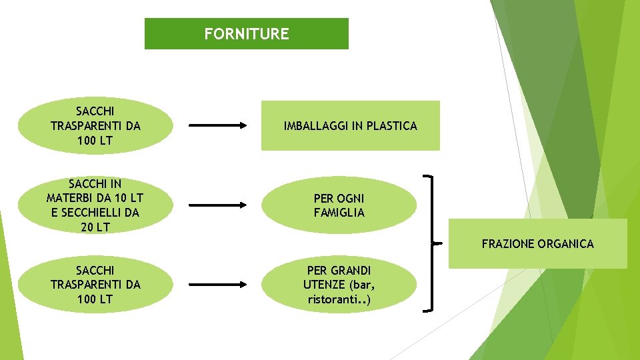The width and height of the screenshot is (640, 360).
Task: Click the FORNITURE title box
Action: click(x=246, y=33)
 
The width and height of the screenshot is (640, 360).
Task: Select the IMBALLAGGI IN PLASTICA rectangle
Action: click(x=350, y=125)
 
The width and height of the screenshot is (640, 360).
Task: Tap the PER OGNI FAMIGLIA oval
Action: click(x=339, y=205)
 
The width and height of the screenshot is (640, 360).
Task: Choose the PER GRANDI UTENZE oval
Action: click(x=339, y=285)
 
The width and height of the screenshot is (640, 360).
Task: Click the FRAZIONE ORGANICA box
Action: click(x=537, y=244)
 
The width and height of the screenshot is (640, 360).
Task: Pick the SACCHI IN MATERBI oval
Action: click(x=95, y=205)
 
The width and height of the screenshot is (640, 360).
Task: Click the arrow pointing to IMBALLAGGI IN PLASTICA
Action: click(x=218, y=125)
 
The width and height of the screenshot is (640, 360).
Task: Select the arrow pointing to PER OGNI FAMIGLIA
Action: click(x=218, y=205)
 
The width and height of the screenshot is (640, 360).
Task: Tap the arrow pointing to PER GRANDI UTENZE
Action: click(x=218, y=285)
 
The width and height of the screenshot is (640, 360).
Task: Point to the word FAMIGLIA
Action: click(x=339, y=213)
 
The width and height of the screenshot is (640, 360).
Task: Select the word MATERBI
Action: click(x=71, y=198)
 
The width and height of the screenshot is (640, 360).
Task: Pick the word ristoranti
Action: click(x=336, y=299)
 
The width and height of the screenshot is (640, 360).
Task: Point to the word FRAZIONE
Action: click(x=505, y=244)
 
